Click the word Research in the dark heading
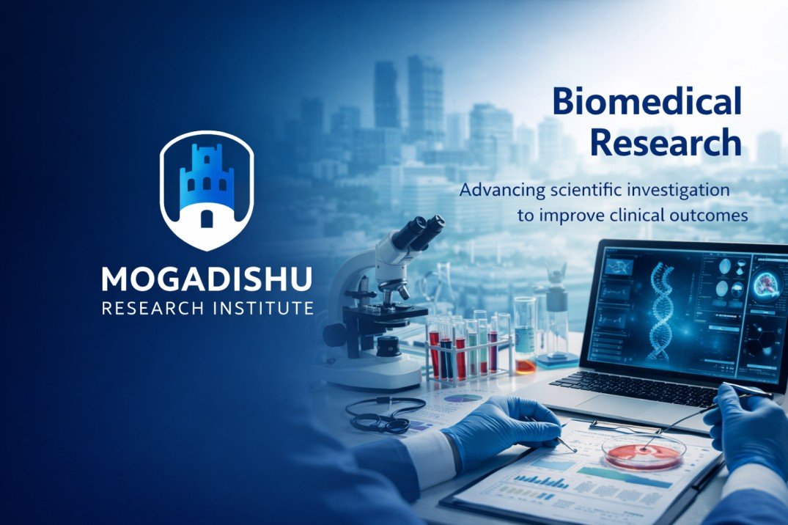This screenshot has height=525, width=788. click(666, 142)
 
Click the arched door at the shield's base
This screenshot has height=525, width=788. click(207, 219)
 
